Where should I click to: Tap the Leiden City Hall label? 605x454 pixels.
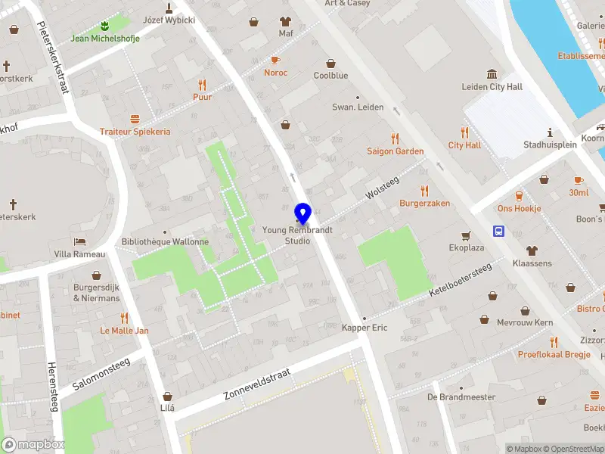tap(492, 87)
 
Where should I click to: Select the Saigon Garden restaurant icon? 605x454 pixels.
tap(395, 138)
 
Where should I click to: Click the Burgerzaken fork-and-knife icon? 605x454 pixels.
tap(425, 191)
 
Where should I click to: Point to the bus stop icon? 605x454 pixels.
tap(499, 231)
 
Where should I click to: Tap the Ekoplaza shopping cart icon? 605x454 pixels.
tap(467, 235)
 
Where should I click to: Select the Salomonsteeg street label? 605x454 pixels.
tap(101, 374)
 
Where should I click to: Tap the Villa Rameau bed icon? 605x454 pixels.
tap(79, 241)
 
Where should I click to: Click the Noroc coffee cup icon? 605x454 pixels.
tap(275, 60)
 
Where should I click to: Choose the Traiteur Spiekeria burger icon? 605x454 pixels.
tap(135, 119)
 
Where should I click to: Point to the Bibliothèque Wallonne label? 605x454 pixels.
tap(165, 242)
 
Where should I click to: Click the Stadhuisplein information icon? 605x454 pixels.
tap(550, 132)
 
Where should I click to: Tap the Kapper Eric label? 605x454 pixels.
tap(365, 328)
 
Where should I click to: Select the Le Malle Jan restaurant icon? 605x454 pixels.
tap(124, 318)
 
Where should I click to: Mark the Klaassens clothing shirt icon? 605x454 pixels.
tap(532, 250)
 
